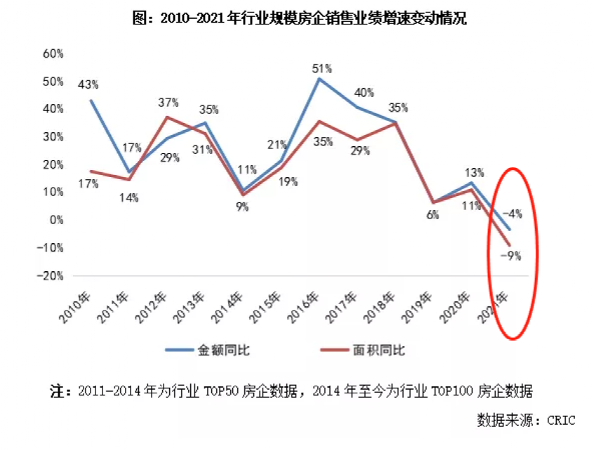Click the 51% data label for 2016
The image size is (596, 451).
[x=322, y=68]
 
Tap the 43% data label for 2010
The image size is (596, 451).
[x=88, y=84]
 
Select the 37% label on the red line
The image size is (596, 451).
[x=170, y=104]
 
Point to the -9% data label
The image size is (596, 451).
[x=510, y=256]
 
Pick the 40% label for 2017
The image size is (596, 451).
[x=364, y=92]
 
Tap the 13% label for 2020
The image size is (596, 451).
[x=473, y=173]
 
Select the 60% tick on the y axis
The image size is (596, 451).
[x=53, y=53]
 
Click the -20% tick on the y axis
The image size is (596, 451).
[x=51, y=275]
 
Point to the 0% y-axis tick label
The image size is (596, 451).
[x=56, y=220]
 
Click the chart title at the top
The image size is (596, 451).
[x=299, y=19]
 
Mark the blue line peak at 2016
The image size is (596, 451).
[x=319, y=79]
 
